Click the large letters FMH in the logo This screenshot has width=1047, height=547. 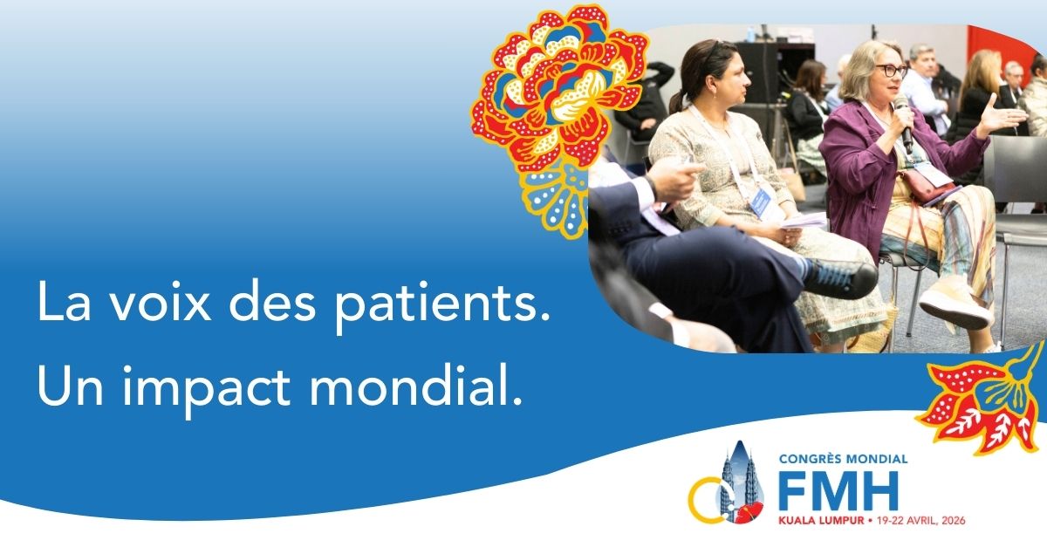pyautogui.click(x=838, y=494)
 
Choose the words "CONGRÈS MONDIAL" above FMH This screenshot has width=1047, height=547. pyautogui.click(x=843, y=458)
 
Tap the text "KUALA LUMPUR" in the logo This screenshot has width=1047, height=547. pyautogui.click(x=818, y=520)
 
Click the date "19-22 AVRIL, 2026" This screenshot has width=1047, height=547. pyautogui.click(x=921, y=520)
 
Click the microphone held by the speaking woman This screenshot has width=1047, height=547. pyautogui.click(x=903, y=123)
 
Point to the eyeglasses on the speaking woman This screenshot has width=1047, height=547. pyautogui.click(x=890, y=70)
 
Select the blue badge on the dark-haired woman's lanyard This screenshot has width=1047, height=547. pyautogui.click(x=762, y=203)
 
